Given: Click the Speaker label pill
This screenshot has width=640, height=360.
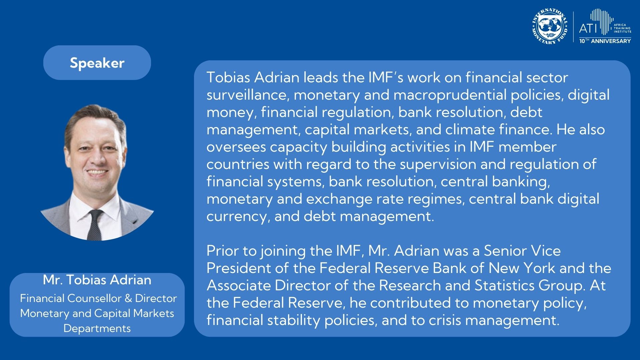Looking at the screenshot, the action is pyautogui.click(x=97, y=63).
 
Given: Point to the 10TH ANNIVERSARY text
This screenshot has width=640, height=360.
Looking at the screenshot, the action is pyautogui.click(x=605, y=41).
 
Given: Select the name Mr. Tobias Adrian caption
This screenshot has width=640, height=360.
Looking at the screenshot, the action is pyautogui.click(x=97, y=280).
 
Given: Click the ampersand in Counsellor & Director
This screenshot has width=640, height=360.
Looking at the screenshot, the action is pyautogui.click(x=128, y=298).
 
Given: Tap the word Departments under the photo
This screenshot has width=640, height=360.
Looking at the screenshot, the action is pyautogui.click(x=97, y=328).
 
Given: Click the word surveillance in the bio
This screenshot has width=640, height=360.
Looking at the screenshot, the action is pyautogui.click(x=245, y=95).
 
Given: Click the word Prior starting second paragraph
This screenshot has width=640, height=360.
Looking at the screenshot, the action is pyautogui.click(x=222, y=251).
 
